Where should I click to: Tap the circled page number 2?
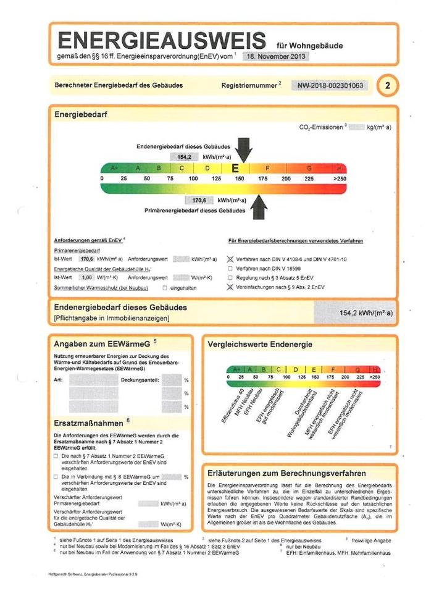point(386,85)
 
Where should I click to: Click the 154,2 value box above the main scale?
point(183,158)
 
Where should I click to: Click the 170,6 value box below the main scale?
point(199,201)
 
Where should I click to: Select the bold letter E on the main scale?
point(235,168)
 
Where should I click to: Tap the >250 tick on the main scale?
point(340,179)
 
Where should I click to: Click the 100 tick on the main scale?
point(193,179)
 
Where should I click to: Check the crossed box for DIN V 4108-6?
point(231,260)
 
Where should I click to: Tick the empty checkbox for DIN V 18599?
point(231,269)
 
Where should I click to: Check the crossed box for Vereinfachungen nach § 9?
point(231,287)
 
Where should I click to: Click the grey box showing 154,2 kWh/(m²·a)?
point(354,313)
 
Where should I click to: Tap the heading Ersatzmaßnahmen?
point(89,423)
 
